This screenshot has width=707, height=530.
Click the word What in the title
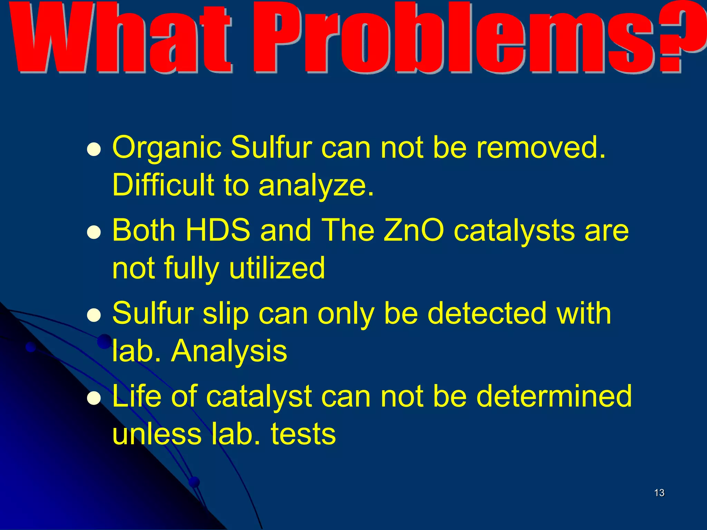pos(121,38)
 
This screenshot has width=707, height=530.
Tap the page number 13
pos(659,493)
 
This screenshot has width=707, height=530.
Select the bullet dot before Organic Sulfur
pos(94,150)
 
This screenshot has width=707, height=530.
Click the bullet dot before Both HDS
pos(94,233)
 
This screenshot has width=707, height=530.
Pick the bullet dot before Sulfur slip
pos(94,315)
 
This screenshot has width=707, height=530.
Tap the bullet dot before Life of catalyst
pos(94,398)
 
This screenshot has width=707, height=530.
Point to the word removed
pos(540,148)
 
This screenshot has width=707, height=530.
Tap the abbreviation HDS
pos(218,230)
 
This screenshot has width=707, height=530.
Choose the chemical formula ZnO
pos(414,230)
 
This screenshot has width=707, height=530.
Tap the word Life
pos(137,396)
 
